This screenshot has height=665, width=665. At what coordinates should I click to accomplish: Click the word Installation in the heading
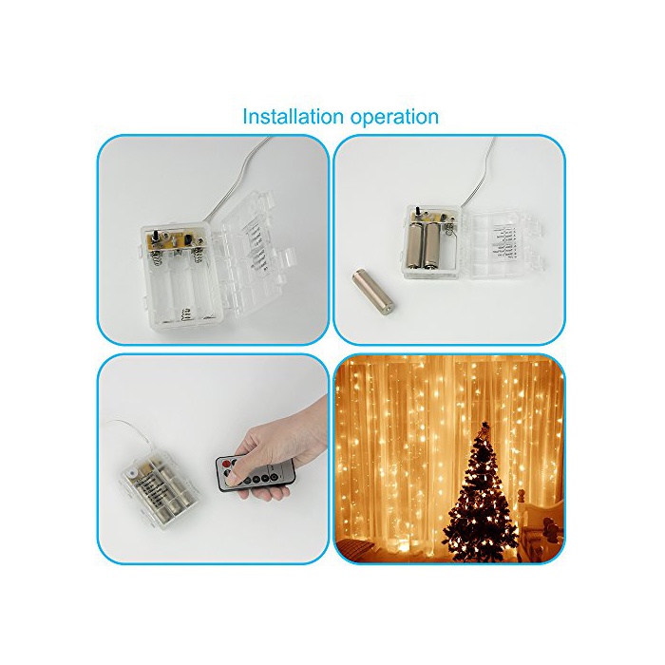pyautogui.click(x=293, y=116)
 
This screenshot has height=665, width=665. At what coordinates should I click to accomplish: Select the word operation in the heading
pyautogui.click(x=393, y=118)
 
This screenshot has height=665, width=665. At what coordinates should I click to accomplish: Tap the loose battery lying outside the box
pyautogui.click(x=372, y=294)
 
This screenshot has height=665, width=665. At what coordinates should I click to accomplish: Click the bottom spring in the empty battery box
pyautogui.click(x=184, y=314)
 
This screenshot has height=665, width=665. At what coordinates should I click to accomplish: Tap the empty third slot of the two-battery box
pyautogui.click(x=451, y=248)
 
